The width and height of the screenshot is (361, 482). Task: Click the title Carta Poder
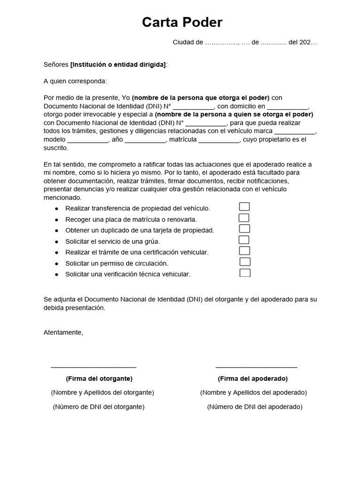(182, 23)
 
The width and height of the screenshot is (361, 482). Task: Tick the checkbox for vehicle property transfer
(244, 207)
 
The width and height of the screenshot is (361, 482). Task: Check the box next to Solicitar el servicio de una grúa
(244, 240)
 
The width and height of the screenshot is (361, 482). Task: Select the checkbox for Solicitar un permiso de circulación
(245, 262)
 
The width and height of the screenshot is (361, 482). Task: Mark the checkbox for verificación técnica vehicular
(245, 273)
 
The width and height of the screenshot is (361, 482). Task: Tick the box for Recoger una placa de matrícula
(244, 218)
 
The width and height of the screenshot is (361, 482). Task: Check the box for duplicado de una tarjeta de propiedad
(244, 229)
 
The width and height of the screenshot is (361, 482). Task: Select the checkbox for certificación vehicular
(244, 251)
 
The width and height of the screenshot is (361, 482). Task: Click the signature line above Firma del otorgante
(94, 367)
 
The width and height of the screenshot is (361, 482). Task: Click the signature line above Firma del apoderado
(256, 367)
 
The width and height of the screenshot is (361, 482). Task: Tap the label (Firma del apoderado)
(253, 378)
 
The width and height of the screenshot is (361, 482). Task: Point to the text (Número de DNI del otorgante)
(99, 407)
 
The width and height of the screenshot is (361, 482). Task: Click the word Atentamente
(63, 332)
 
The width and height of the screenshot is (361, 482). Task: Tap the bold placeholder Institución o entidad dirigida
(118, 64)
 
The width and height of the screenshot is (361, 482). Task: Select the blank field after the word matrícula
(219, 140)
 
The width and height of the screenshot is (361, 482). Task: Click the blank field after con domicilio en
(288, 106)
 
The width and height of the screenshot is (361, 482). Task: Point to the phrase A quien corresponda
(75, 81)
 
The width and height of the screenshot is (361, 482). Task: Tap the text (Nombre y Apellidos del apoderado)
(253, 393)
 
